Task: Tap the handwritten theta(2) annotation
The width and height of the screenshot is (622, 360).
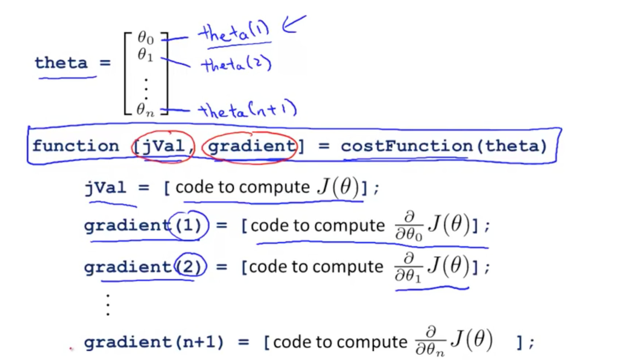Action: tap(236, 65)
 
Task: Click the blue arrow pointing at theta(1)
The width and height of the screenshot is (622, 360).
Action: tap(293, 24)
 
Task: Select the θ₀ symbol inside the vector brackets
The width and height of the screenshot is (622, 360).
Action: tap(145, 38)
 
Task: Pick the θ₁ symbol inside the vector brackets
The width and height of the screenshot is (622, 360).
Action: tap(145, 55)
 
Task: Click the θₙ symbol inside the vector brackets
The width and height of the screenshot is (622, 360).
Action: tap(145, 109)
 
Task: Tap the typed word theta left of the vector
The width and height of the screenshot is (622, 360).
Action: tap(61, 63)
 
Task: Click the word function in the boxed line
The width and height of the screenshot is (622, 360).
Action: tap(76, 146)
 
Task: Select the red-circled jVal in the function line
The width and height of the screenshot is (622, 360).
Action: tap(163, 146)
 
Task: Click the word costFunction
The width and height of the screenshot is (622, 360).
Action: tap(407, 146)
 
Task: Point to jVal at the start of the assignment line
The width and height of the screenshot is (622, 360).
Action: tap(106, 188)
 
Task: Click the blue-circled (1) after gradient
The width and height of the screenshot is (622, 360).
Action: tap(188, 226)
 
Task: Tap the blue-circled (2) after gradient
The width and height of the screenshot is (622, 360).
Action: tap(188, 267)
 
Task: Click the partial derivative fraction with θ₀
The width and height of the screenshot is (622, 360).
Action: tap(409, 226)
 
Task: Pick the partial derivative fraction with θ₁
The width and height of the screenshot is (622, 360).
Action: tap(408, 268)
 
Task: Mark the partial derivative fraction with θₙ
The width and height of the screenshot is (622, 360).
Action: tap(430, 342)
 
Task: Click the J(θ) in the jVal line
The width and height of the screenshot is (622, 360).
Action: tap(338, 187)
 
